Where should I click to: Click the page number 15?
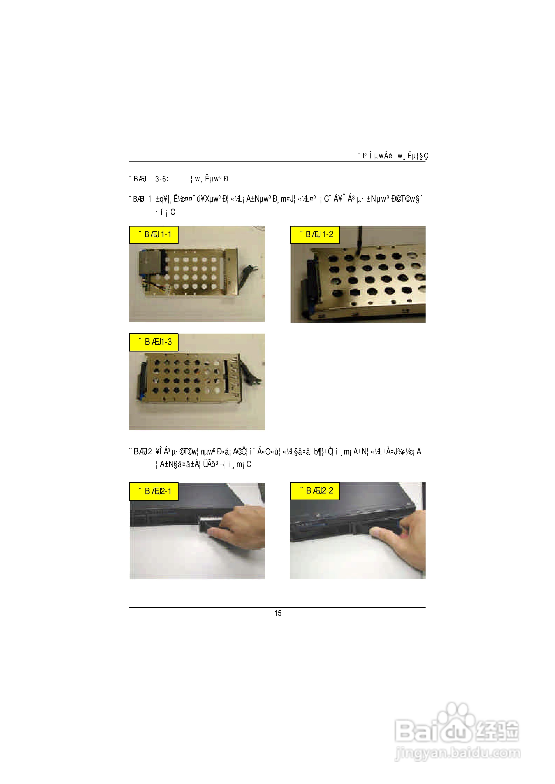(278, 613)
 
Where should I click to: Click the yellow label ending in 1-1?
(154, 235)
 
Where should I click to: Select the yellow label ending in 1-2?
(315, 235)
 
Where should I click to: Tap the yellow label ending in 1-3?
(154, 342)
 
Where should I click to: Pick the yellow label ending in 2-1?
(154, 491)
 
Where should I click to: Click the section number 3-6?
(162, 179)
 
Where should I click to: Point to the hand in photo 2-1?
(239, 524)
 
